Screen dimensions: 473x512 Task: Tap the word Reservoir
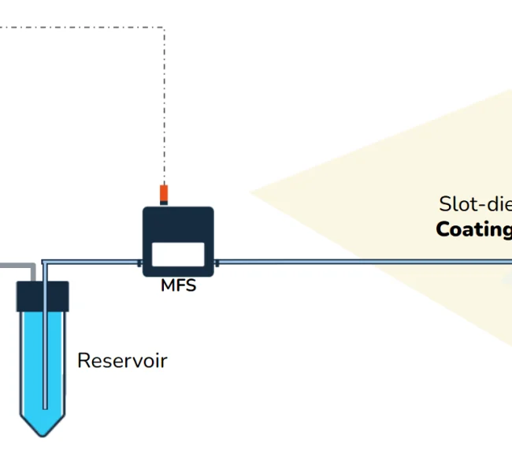click(x=122, y=361)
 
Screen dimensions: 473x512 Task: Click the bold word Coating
click(x=473, y=229)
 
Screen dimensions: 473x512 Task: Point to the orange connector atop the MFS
click(x=164, y=192)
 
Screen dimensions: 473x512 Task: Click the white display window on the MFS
click(x=178, y=253)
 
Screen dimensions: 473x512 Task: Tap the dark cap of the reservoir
click(x=43, y=296)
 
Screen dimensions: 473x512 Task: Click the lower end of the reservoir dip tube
click(x=45, y=406)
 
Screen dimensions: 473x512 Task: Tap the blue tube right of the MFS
click(x=354, y=261)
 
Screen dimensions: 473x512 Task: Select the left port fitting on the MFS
click(x=139, y=261)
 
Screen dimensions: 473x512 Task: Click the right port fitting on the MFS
click(x=217, y=261)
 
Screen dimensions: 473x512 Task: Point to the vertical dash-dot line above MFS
click(x=164, y=102)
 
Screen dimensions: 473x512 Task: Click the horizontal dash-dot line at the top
click(x=79, y=28)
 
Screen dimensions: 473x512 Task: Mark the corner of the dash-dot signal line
click(x=164, y=28)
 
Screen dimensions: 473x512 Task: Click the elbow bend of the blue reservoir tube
click(x=45, y=262)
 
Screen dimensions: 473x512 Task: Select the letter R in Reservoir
click(x=83, y=361)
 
